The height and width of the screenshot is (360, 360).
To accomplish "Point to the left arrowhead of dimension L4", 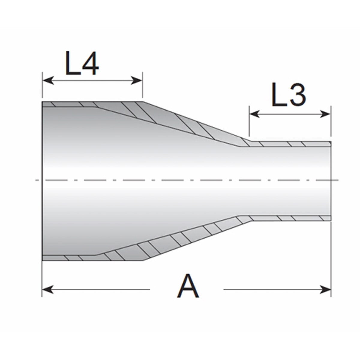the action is coord(48,81).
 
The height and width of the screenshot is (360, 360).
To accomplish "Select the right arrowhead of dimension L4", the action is coord(136,81).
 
